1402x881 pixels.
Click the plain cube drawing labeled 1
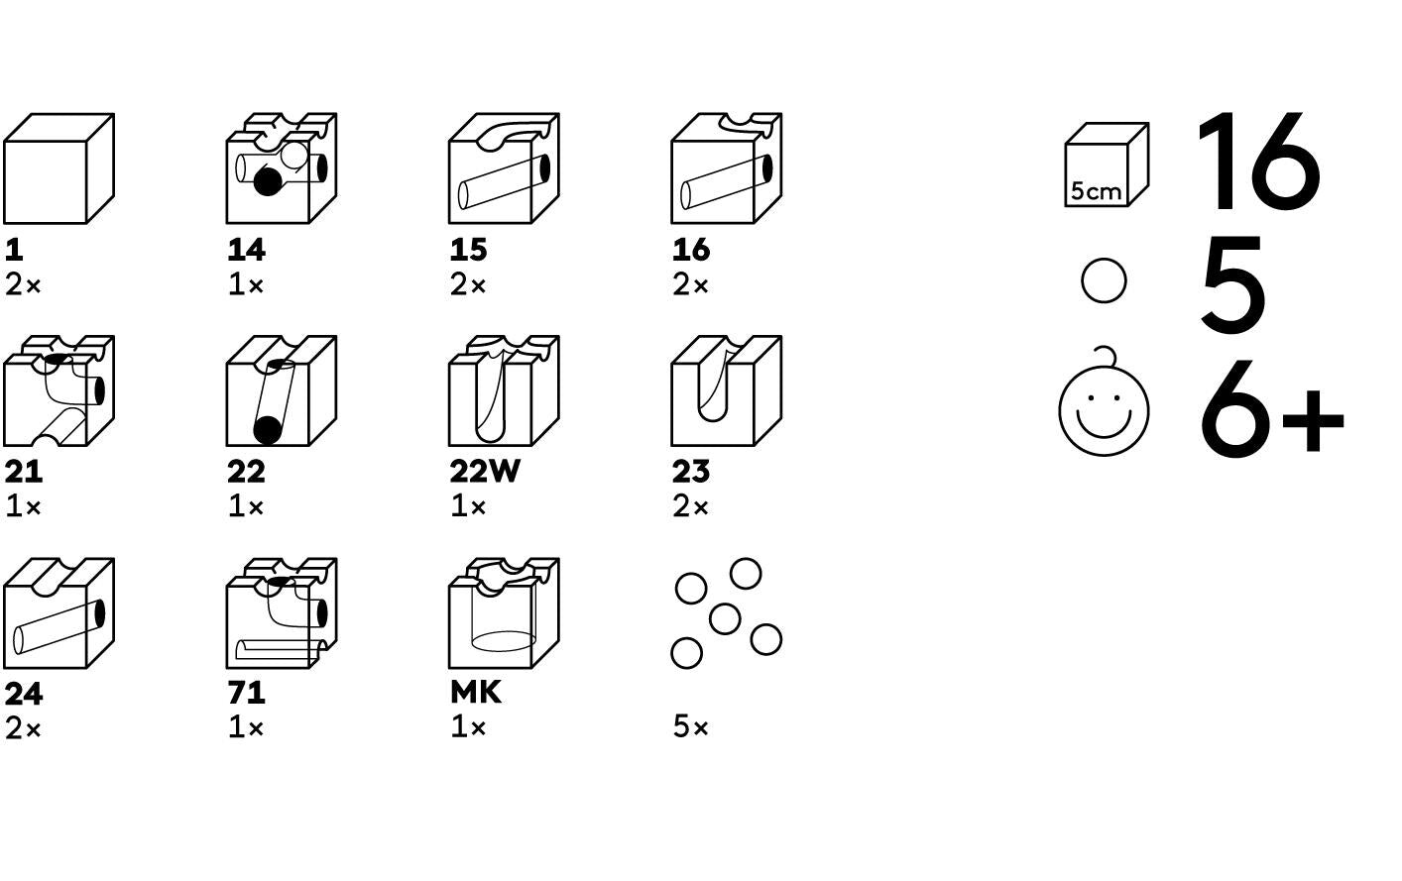(58, 168)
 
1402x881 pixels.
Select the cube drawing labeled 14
(282, 168)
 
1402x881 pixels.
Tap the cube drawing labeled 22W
(504, 390)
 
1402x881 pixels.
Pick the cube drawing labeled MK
(504, 613)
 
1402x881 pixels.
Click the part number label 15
(468, 251)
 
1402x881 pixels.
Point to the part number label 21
(23, 472)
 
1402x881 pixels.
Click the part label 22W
(485, 472)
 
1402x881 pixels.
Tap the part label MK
(476, 693)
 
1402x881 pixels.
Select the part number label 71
(246, 693)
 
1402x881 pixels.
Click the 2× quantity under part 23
(690, 506)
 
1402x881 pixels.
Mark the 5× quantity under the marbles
(690, 727)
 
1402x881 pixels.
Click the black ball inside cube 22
(268, 430)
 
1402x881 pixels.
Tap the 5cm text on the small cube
(1096, 191)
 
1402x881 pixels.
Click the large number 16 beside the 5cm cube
(1258, 162)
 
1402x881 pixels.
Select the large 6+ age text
(1272, 410)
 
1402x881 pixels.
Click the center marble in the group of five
(725, 618)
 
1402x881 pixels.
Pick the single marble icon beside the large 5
(1105, 280)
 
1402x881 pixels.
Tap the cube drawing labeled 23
(727, 390)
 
